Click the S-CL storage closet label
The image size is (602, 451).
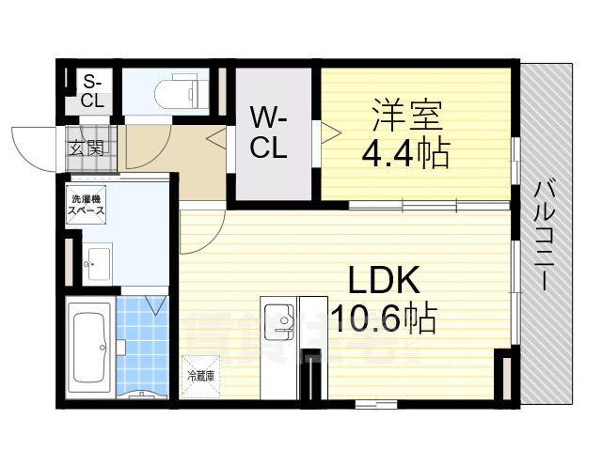pyautogui.click(x=93, y=91)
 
